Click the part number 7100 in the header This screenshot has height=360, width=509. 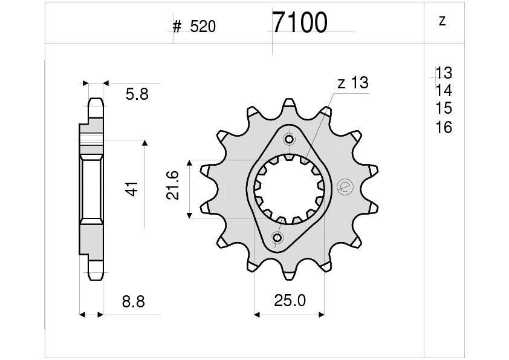[x=299, y=23]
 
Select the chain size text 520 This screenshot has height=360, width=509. [x=203, y=27]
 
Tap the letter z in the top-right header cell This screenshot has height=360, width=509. [x=442, y=21]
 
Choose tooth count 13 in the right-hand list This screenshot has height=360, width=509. [x=444, y=73]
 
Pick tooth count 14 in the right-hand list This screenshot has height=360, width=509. [x=444, y=91]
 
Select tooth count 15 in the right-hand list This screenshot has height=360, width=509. [x=444, y=108]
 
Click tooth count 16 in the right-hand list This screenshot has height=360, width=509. [x=444, y=127]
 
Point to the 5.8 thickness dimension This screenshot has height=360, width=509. [x=137, y=94]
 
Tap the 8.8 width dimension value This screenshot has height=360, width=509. [x=134, y=301]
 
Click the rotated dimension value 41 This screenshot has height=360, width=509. [x=132, y=188]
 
